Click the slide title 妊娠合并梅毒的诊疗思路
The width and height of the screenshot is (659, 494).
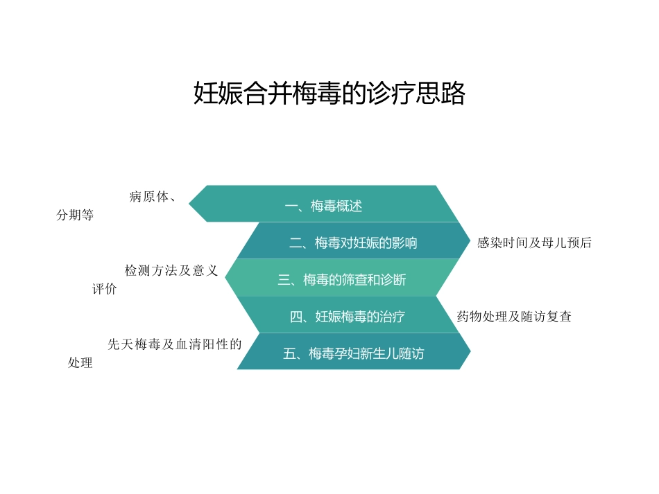pyautogui.click(x=329, y=94)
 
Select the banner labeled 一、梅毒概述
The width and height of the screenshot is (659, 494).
pyautogui.click(x=324, y=206)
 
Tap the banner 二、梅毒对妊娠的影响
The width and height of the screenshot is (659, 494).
pyautogui.click(x=353, y=242)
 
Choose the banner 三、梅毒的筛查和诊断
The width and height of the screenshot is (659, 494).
pyautogui.click(x=341, y=279)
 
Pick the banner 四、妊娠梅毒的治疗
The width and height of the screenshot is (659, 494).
pyautogui.click(x=347, y=317)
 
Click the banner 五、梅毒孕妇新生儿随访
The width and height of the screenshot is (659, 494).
pyautogui.click(x=353, y=353)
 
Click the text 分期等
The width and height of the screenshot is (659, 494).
pyautogui.click(x=74, y=215)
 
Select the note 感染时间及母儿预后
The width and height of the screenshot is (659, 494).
pyautogui.click(x=534, y=243)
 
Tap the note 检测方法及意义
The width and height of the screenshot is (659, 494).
pyautogui.click(x=171, y=271)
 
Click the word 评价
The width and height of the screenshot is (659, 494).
pyautogui.click(x=105, y=290)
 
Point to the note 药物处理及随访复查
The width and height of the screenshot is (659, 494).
pyautogui.click(x=514, y=317)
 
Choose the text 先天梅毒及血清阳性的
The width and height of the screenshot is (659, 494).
pyautogui.click(x=175, y=344)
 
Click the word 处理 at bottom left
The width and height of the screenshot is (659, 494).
pyautogui.click(x=80, y=363)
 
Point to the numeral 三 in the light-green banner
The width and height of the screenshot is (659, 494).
pyautogui.click(x=284, y=280)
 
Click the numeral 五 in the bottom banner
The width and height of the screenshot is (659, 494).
pyautogui.click(x=290, y=354)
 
